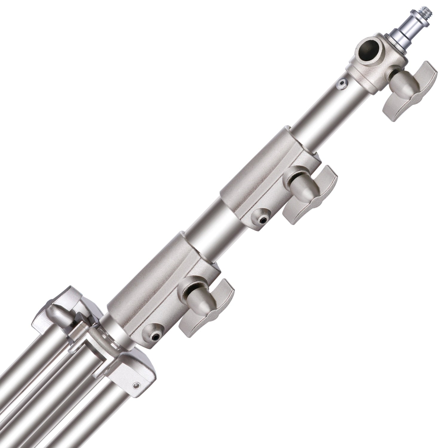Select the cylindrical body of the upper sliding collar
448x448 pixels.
tap(263, 167)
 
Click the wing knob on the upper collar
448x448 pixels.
tap(308, 191)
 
